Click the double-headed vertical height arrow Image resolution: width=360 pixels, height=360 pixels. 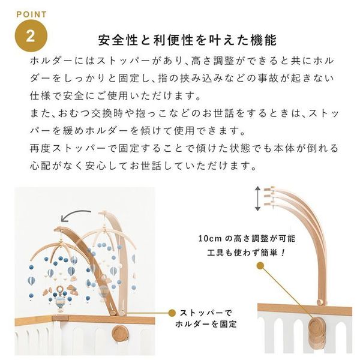(x=259, y=197)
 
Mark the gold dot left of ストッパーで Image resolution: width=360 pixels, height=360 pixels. (x=173, y=313)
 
